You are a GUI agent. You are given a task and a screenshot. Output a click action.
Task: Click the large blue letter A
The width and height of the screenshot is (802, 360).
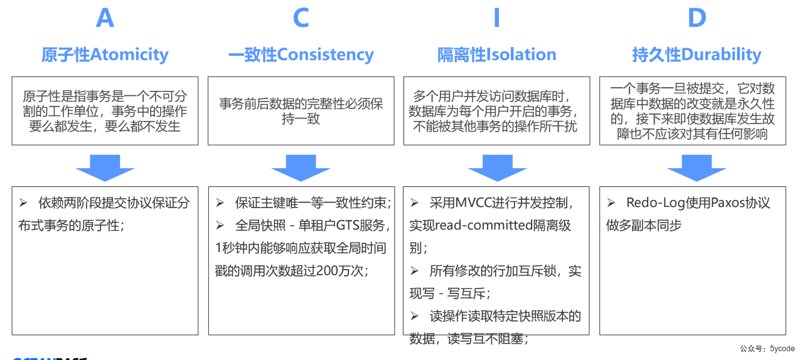tap(105, 18)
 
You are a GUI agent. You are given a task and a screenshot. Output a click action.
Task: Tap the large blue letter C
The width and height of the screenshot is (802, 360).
tap(301, 18)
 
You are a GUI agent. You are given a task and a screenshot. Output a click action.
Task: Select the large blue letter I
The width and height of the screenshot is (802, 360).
tap(496, 18)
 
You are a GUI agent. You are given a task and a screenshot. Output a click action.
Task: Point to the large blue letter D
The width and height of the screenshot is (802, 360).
tap(697, 18)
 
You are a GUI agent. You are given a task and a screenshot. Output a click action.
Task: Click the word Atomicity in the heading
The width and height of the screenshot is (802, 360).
tap(129, 55)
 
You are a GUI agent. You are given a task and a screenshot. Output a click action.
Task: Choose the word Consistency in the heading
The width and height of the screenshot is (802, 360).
tap(325, 55)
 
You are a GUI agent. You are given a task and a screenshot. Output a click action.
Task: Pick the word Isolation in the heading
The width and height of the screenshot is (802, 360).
tap(521, 55)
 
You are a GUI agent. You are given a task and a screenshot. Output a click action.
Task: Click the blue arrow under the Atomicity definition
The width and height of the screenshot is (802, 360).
tap(105, 167)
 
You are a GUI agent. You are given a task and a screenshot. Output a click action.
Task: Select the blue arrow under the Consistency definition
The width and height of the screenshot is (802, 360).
tap(301, 167)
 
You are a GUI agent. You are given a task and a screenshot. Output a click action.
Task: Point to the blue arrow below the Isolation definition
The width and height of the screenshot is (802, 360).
tap(497, 167)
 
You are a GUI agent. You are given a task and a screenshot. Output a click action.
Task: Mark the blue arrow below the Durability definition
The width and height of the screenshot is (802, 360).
tap(696, 167)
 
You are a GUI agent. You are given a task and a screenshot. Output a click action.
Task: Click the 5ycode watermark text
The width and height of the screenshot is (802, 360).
tap(782, 349)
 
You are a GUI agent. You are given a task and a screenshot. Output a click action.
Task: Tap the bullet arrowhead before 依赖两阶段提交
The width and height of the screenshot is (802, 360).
tap(23, 203)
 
